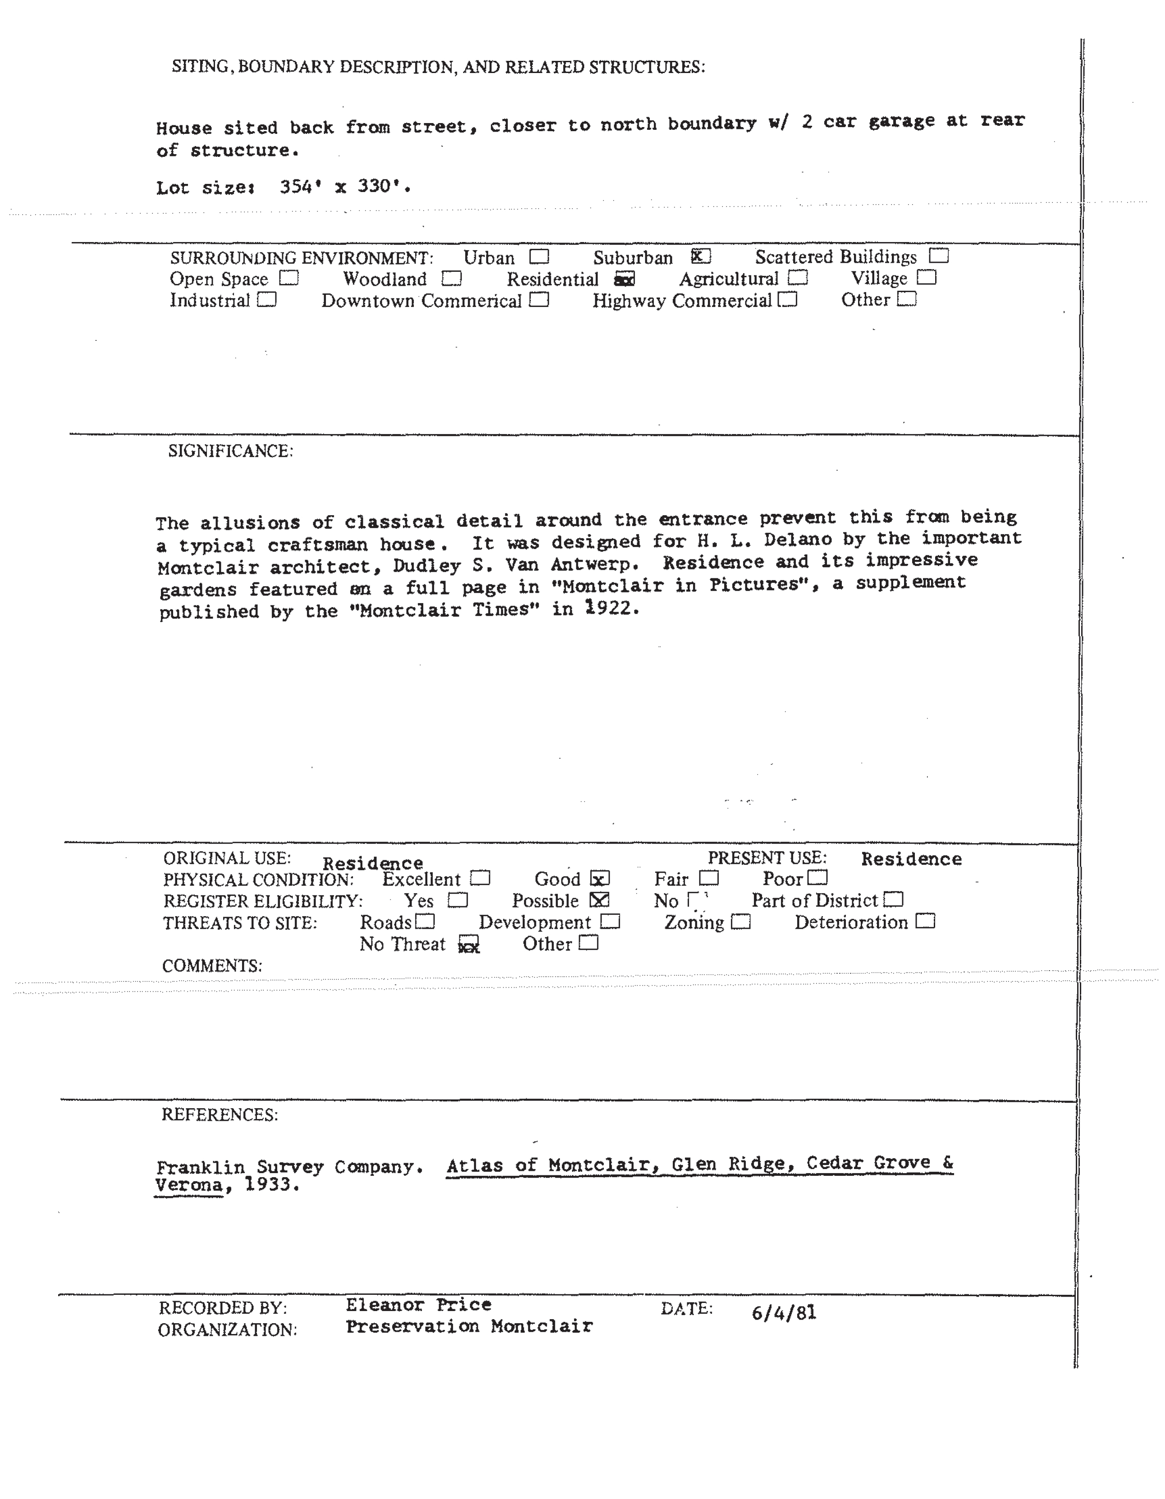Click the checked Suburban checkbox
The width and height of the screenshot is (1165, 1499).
[x=700, y=257]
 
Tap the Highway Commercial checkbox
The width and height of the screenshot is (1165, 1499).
[x=788, y=300]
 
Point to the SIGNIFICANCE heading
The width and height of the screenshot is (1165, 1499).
[x=231, y=451]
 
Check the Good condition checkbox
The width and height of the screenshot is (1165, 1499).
[x=600, y=879]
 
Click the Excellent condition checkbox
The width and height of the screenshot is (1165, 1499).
[x=480, y=879]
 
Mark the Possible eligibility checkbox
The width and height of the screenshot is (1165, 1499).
[x=599, y=900]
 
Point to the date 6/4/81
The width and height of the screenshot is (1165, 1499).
[x=784, y=1312]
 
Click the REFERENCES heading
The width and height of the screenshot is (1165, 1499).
[x=219, y=1114]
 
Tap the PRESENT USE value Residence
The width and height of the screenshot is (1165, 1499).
[x=911, y=859]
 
